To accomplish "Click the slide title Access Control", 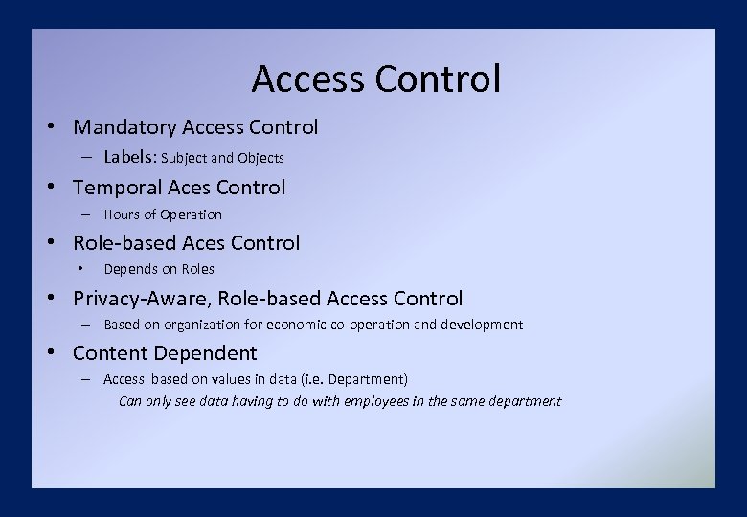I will (x=375, y=79).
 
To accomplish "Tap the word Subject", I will (x=185, y=158).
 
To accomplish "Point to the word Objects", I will (x=260, y=158).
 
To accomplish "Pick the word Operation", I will (x=191, y=214).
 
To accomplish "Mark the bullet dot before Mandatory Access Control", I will (x=59, y=127).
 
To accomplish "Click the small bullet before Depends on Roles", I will (x=84, y=269).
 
